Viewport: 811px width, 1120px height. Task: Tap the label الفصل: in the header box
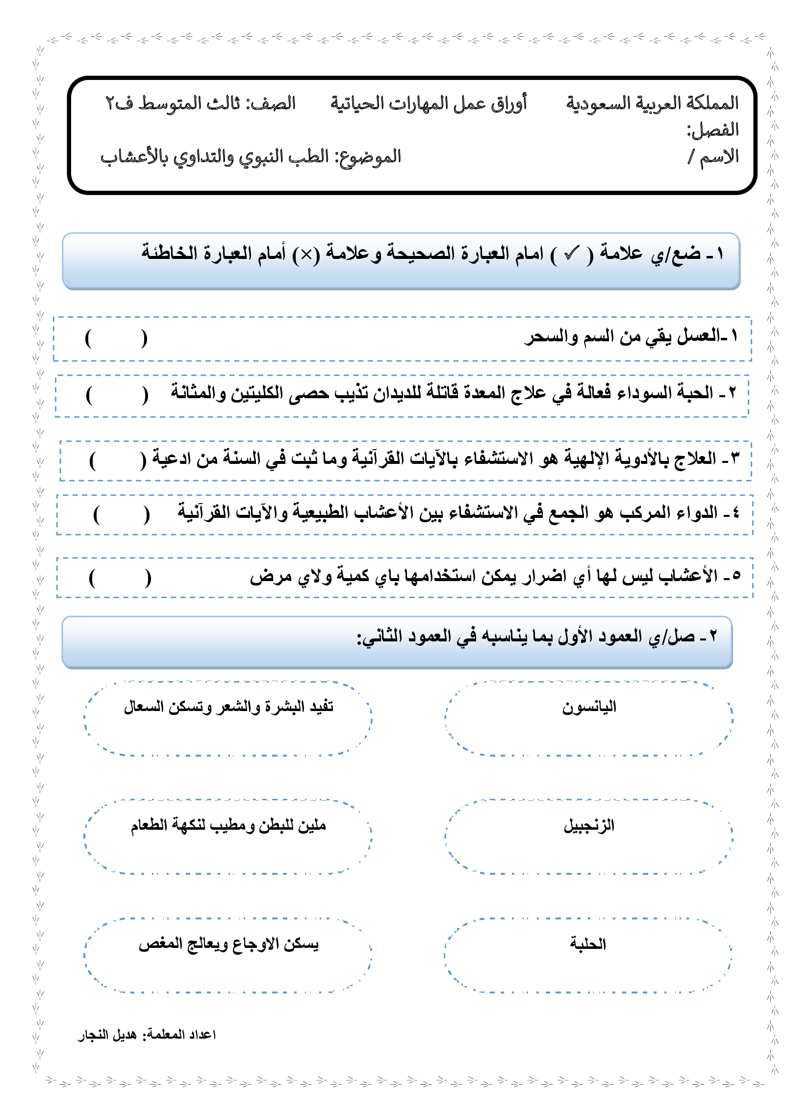coord(713,130)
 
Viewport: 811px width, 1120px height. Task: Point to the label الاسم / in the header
coord(714,157)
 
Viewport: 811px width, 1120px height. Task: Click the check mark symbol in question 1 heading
coord(571,254)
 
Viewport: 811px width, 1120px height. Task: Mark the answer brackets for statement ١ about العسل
coord(116,339)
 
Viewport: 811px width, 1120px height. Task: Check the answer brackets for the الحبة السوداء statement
coord(117,396)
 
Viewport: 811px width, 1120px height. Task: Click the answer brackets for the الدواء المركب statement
coord(122,514)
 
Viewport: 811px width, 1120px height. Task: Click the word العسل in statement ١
coord(699,336)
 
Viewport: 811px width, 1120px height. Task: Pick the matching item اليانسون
coord(589,707)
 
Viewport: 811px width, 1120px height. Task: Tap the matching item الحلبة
coord(588,943)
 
